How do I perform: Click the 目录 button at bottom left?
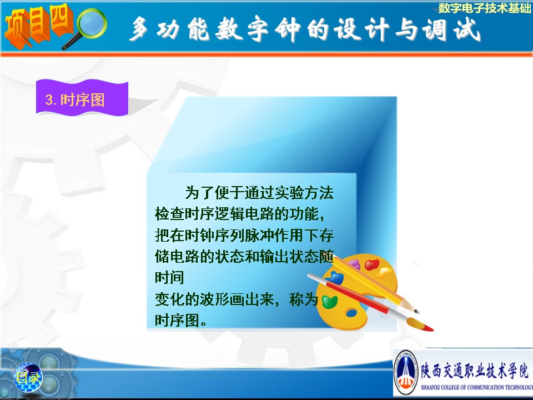pos(28,377)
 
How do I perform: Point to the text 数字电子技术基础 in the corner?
pos(484,8)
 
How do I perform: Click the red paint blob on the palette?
pos(372,265)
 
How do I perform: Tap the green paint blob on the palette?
pos(329,302)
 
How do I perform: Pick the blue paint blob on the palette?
pos(335,278)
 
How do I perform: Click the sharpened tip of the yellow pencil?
pos(417,311)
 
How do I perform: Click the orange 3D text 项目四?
pos(38,26)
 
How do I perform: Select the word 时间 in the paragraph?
pos(169,278)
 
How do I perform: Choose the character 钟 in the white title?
pos(288,29)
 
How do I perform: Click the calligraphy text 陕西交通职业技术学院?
pos(475,371)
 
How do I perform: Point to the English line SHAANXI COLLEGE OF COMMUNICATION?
pos(476,387)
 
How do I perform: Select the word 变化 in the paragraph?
pos(169,299)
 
